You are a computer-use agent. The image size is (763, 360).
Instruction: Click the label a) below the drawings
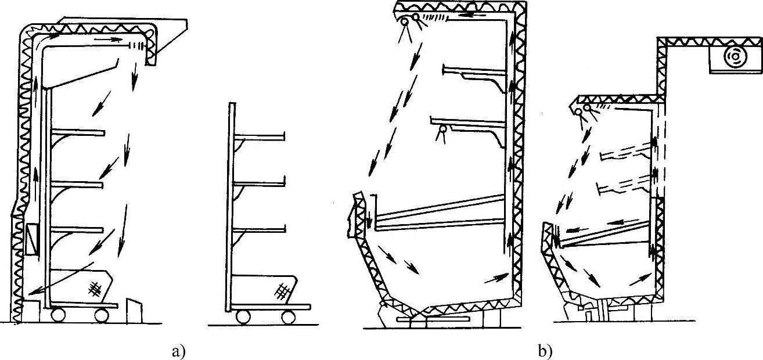[178, 350]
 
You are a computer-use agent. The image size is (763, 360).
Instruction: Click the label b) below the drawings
[545, 350]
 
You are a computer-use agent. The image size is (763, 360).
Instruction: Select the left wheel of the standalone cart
[243, 317]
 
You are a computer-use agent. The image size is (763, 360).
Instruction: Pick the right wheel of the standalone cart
[289, 317]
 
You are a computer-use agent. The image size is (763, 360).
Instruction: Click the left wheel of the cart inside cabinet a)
[58, 315]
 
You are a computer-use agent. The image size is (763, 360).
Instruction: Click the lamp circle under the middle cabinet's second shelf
[443, 130]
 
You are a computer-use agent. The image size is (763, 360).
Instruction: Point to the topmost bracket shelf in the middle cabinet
[473, 72]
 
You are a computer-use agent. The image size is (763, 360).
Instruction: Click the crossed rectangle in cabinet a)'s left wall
[31, 239]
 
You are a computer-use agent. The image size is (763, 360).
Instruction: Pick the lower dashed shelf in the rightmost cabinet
[621, 186]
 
